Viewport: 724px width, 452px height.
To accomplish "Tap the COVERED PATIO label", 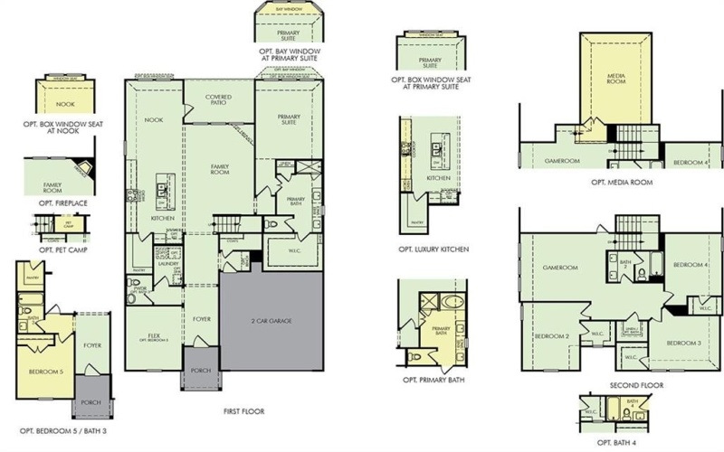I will coord(219,99).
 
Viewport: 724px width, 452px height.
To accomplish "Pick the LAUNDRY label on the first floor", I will coord(166,265).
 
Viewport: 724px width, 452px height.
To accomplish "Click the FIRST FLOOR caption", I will coord(243,410).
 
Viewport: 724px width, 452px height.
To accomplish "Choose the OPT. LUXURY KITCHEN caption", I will coord(433,249).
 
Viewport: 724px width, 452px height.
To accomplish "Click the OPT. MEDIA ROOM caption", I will coord(622,182).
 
